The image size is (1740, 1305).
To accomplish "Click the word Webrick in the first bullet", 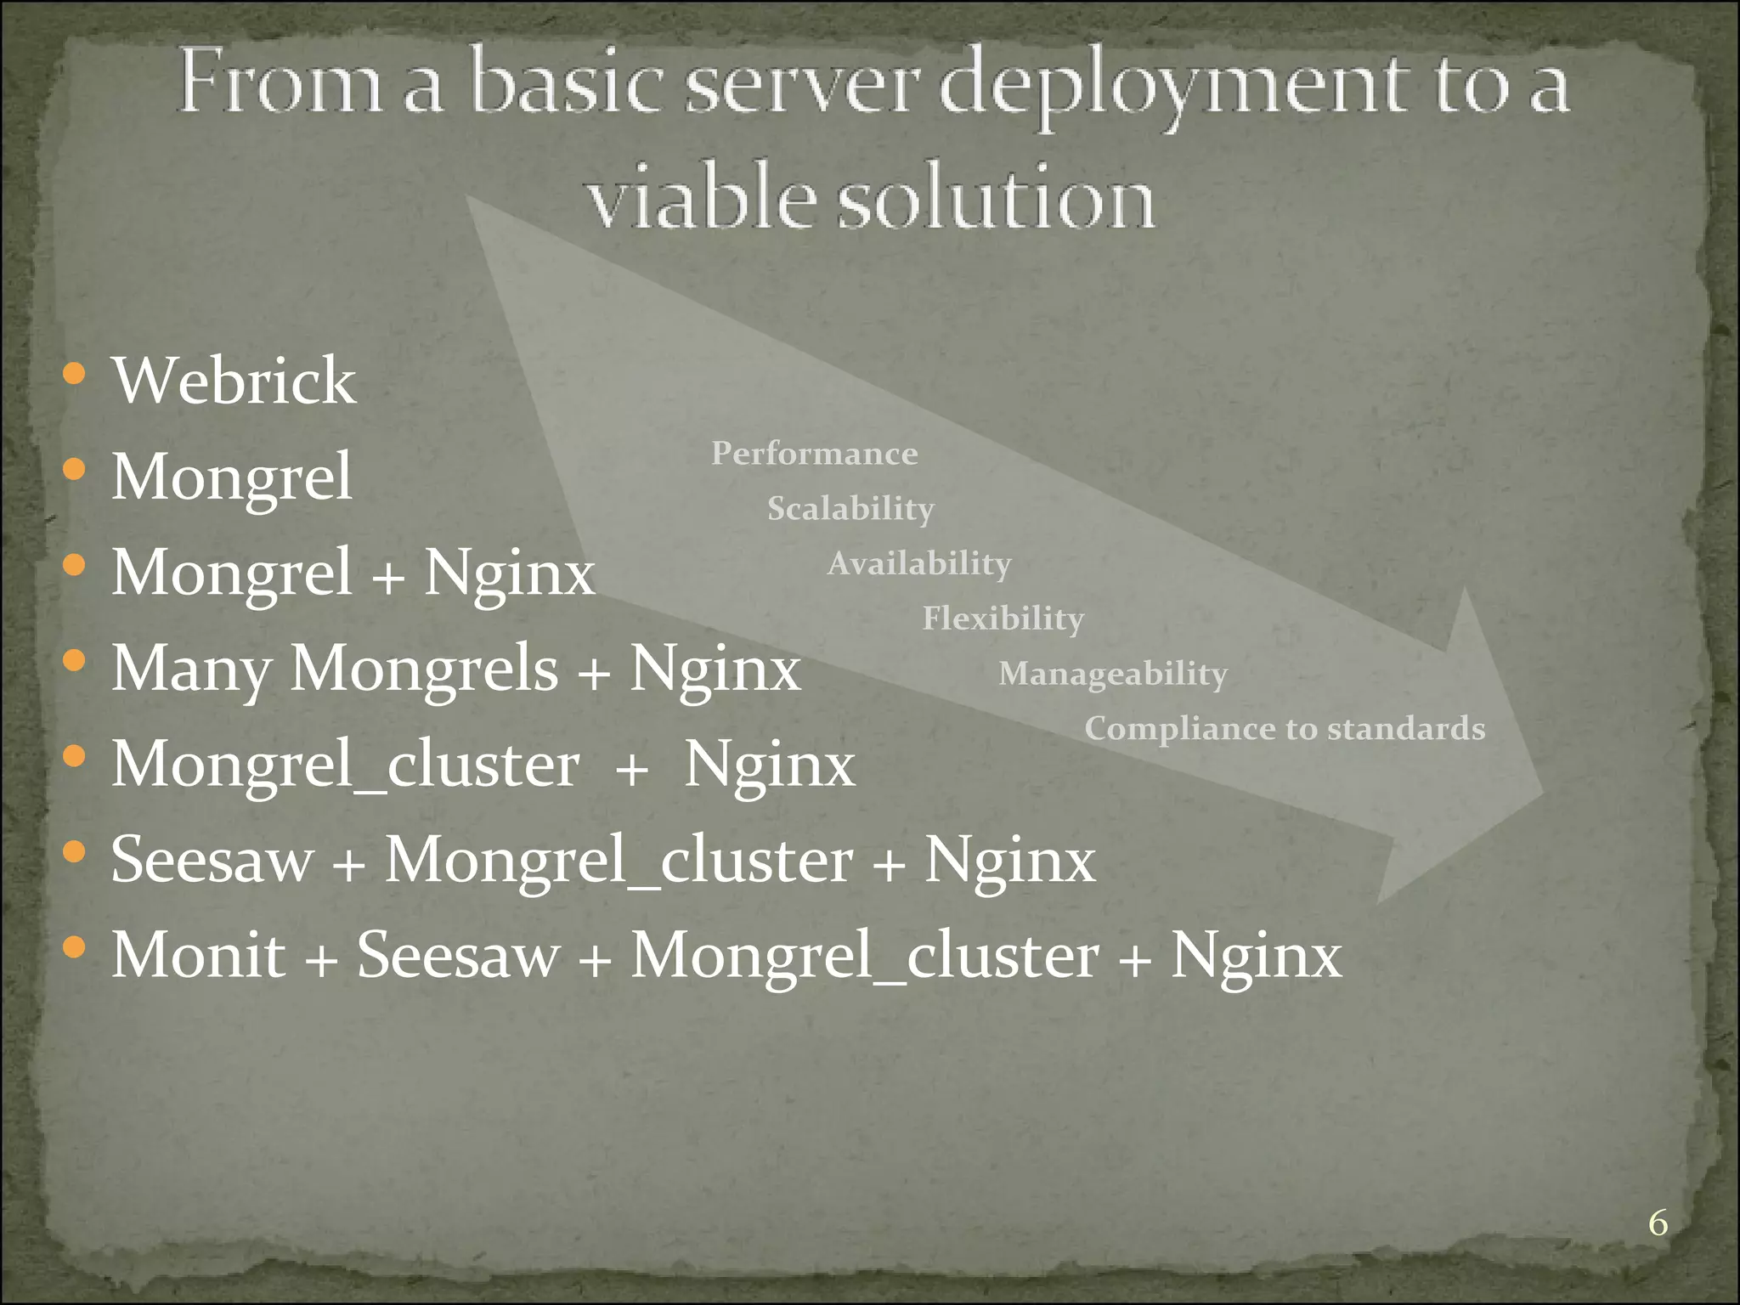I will (x=234, y=381).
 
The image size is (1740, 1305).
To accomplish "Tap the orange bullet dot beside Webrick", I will (x=75, y=374).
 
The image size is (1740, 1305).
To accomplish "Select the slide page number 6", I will (x=1658, y=1223).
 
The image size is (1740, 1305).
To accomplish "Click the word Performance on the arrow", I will (x=814, y=454).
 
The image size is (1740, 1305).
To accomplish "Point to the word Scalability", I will (x=850, y=509).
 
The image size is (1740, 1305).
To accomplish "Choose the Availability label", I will (x=918, y=563).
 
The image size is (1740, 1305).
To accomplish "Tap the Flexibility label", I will (x=1003, y=619).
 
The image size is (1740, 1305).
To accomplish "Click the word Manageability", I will (x=1112, y=674).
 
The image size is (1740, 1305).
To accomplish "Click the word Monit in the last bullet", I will (x=198, y=956).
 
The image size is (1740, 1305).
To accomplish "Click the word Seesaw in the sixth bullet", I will (x=212, y=860).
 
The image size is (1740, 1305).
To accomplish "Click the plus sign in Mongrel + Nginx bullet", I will (x=387, y=575).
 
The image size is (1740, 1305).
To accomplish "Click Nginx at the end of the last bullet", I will (x=1256, y=956).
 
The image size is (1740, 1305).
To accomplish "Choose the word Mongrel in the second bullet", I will (x=231, y=477).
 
